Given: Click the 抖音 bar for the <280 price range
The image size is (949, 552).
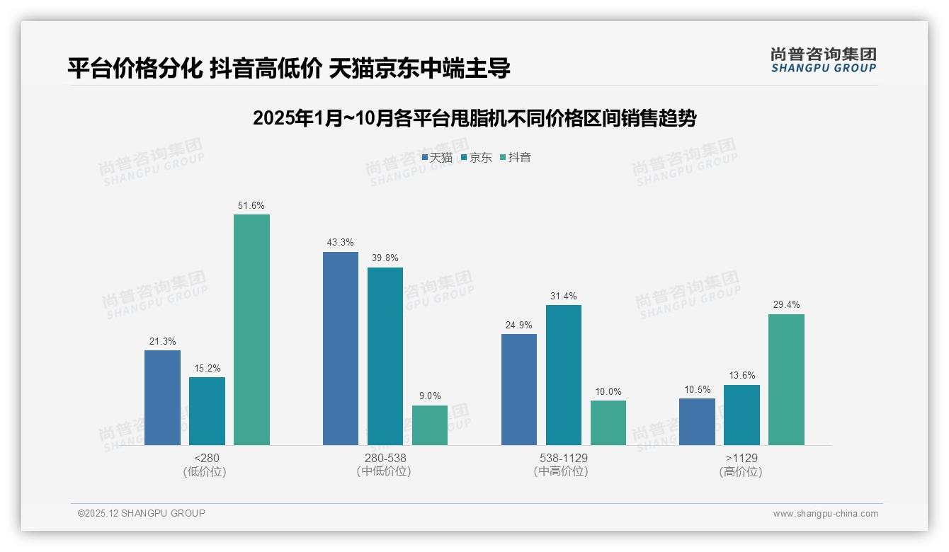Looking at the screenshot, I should coord(251,330).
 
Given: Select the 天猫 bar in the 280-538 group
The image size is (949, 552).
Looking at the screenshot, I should coord(341,348).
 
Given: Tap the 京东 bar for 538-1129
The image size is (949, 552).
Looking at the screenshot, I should coord(564,375).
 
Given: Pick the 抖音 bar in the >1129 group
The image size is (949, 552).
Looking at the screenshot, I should coord(786,379).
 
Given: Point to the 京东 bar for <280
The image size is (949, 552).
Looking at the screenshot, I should coord(207,411).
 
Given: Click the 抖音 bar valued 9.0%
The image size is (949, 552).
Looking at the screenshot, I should coord(430,425).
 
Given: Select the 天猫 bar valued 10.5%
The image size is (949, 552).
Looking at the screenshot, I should coord(697,422).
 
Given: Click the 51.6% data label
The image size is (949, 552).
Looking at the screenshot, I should coord(251,206).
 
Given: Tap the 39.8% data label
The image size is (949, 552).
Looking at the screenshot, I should coord(385,258).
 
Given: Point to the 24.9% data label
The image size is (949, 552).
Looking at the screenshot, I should coord(519,325).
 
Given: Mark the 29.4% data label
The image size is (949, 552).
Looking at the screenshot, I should coord(786,305).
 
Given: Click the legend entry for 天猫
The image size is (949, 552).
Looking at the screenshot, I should coord(437,158).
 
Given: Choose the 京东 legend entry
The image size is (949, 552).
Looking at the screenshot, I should coord(476,158).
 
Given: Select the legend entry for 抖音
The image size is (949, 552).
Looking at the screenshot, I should coord(516,158).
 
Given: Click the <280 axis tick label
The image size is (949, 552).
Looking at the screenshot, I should coord(207,458).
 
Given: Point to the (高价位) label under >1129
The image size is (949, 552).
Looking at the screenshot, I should coord(741,471).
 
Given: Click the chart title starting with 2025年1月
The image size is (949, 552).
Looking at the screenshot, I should coord(474,118).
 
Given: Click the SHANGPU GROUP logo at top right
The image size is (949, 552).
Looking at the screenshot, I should coord(824,60).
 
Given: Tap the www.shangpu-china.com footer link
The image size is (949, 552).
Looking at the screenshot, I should coord(825,514).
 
